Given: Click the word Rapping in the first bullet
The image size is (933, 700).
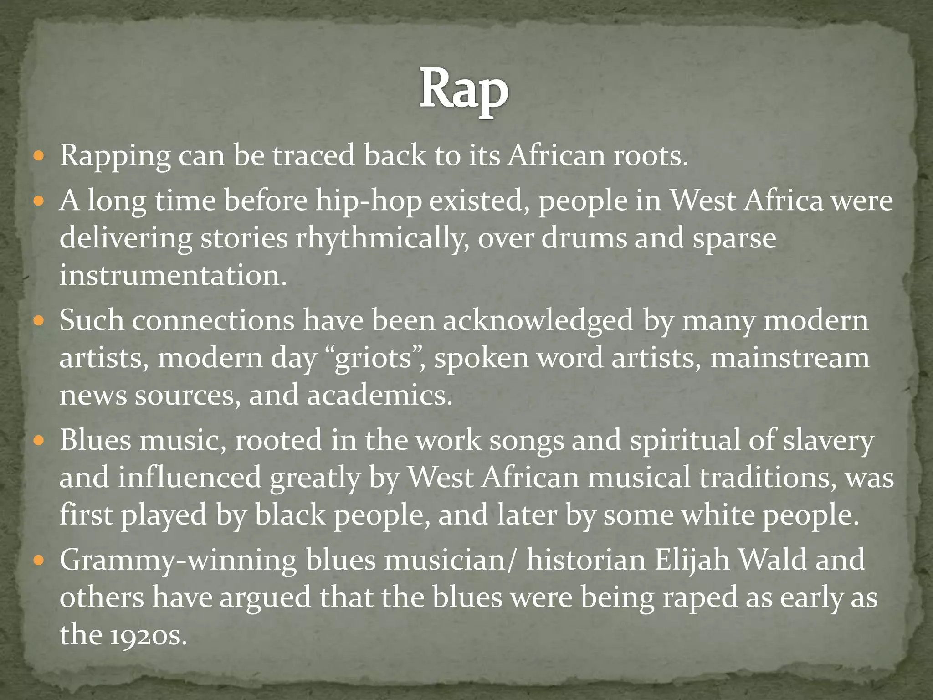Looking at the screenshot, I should pos(115,156).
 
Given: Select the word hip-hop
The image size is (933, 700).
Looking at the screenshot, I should pos(369,201).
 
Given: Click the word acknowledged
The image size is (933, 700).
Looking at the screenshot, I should pos(538,320).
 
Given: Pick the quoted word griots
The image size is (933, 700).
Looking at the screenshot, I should pos(373,358).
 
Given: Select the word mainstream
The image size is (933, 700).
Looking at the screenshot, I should pos(789,358).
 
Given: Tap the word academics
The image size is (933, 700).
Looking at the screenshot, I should pos(379,395).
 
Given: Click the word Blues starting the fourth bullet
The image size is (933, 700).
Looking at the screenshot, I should pos(95,440).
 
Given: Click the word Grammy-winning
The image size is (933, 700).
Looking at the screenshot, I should pos(178,561).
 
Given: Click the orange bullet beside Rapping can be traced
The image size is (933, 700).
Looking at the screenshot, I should pos(39,156).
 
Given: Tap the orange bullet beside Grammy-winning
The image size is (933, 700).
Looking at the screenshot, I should pos(39,560).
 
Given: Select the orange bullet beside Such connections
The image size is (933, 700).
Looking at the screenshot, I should pos(39,321).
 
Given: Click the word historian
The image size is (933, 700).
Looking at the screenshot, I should pos(586,560).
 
